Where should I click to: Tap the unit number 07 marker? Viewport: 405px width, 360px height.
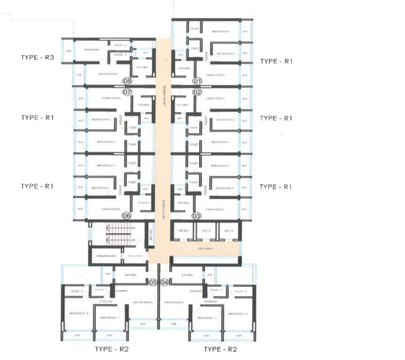[127, 92]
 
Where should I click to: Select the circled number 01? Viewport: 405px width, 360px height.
[196, 80]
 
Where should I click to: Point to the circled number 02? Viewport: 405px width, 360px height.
[196, 92]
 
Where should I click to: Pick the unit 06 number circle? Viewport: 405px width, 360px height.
[127, 216]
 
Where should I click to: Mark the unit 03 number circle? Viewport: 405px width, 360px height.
[196, 216]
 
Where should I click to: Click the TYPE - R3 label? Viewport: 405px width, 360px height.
[37, 58]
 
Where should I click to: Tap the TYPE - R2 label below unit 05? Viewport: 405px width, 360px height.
[112, 349]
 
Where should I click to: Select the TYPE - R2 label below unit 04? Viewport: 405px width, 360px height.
[220, 349]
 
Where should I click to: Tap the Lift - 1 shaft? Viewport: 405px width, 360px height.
[205, 230]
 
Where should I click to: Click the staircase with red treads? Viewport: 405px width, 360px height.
[116, 235]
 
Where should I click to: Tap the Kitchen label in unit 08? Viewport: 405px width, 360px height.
[142, 68]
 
